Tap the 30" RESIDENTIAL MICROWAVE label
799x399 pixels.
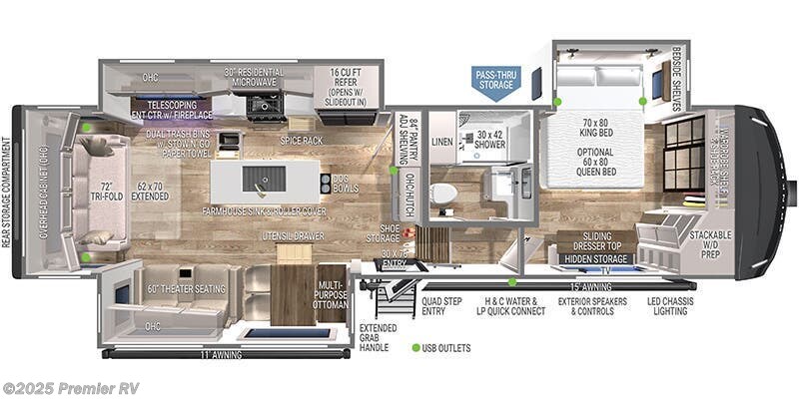[x=254, y=78]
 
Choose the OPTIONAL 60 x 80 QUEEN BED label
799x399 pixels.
[x=596, y=163]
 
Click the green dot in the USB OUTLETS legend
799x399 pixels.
[x=415, y=348]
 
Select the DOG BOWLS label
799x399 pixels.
[x=344, y=185]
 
